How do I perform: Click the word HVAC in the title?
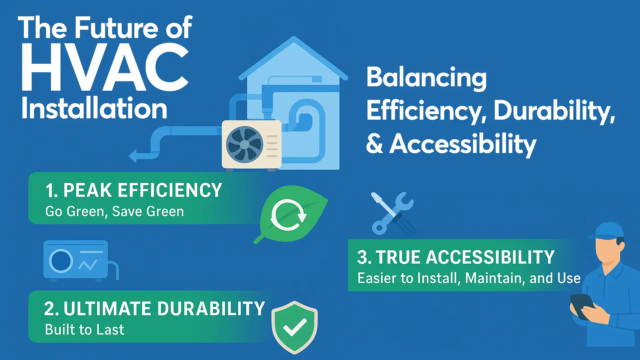click(105, 67)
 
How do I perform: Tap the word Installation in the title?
click(94, 108)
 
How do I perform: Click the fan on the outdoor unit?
click(244, 144)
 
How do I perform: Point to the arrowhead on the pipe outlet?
click(133, 156)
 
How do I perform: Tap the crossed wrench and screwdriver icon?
click(393, 213)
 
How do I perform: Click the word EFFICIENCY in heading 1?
click(170, 190)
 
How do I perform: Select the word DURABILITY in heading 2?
click(211, 309)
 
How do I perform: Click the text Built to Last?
click(85, 330)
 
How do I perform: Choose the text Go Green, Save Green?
click(115, 212)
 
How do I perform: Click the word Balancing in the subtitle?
click(427, 78)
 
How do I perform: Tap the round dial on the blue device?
click(61, 261)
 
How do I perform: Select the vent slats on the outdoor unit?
click(272, 146)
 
